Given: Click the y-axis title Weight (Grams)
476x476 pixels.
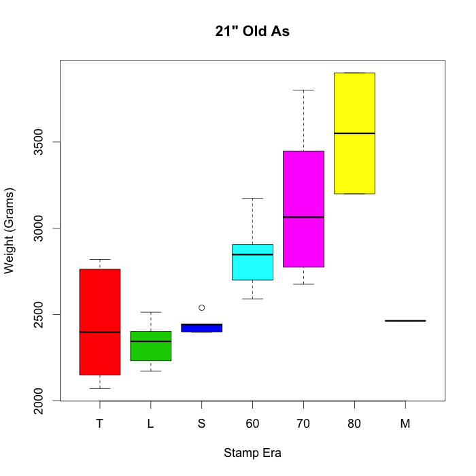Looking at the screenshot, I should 9,229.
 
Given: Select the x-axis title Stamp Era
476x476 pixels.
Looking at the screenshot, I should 252,453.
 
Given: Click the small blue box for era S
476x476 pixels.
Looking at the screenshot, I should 201,328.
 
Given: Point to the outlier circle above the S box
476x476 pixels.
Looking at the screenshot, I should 201,308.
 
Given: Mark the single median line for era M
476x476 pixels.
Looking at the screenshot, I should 405,320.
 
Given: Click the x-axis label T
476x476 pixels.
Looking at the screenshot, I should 100,424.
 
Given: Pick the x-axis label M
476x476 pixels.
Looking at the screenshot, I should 405,424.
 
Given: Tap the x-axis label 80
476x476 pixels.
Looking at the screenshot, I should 354,424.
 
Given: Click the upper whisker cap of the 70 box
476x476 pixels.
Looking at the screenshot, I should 303,90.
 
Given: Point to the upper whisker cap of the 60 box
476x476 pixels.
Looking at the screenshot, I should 252,198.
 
